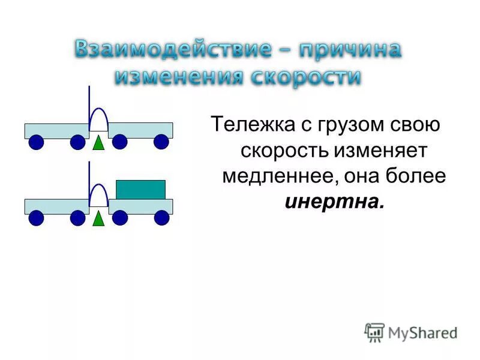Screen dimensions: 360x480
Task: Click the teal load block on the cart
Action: (140, 189)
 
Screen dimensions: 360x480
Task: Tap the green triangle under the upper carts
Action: (98, 142)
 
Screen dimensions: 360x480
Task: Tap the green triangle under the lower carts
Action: (98, 217)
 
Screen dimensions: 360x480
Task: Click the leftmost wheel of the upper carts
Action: (37, 142)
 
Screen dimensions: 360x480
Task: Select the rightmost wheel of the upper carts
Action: (161, 142)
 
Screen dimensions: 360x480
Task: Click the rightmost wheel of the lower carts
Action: (161, 218)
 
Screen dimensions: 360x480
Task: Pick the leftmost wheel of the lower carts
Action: (37, 218)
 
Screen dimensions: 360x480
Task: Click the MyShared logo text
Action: (422, 332)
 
